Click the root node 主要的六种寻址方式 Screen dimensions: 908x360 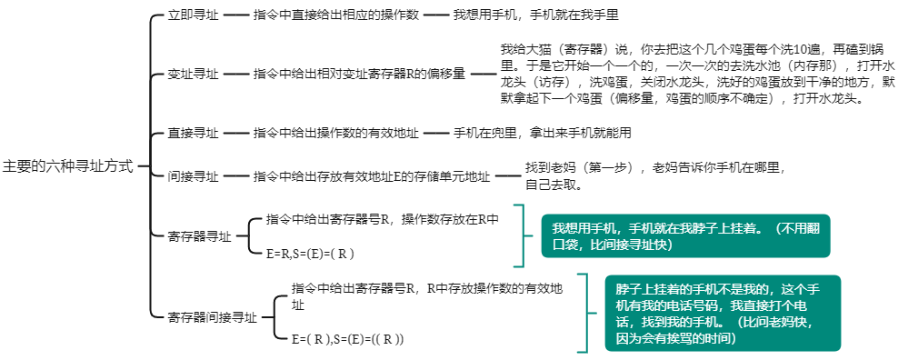(68, 166)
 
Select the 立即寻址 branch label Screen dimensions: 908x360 (194, 15)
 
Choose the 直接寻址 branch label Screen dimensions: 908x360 (194, 133)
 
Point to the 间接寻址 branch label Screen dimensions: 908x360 (194, 176)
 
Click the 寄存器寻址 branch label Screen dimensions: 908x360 (199, 236)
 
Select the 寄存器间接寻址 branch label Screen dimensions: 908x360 (212, 317)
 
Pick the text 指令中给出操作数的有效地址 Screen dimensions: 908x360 (336, 133)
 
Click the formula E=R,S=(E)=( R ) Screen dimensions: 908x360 (311, 253)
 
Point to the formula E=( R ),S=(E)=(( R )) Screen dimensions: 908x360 (348, 338)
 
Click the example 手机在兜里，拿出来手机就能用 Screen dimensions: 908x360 (543, 133)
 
